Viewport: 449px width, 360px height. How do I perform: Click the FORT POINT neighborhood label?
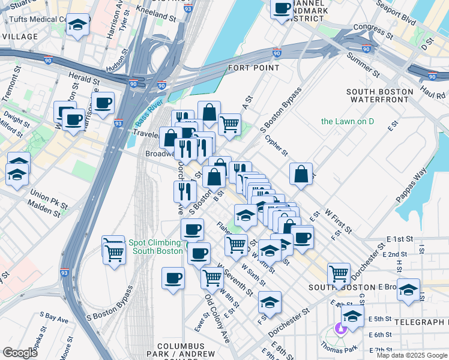[253, 68]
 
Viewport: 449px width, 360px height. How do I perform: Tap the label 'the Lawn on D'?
[348, 121]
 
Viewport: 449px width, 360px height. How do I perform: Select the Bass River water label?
[148, 110]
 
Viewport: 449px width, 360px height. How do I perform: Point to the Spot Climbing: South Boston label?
[155, 247]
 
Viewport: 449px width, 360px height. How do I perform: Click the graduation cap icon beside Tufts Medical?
[77, 25]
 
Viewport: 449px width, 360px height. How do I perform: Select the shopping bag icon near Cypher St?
[301, 173]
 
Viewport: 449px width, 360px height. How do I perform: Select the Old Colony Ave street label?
[217, 318]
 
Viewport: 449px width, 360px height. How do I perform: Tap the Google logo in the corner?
[20, 353]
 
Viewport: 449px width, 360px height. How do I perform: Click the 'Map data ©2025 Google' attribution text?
[411, 355]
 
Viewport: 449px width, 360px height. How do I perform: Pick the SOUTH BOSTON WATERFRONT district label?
[379, 96]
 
